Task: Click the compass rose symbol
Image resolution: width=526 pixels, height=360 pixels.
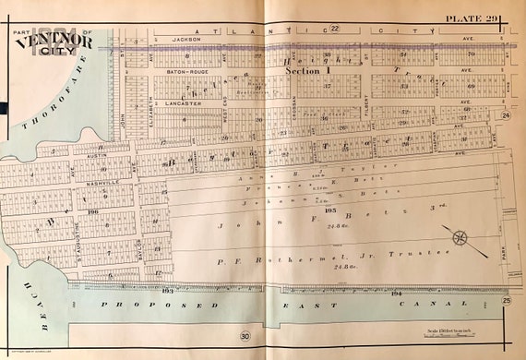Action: point(459,237)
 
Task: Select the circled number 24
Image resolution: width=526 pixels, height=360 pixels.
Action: point(506,114)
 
